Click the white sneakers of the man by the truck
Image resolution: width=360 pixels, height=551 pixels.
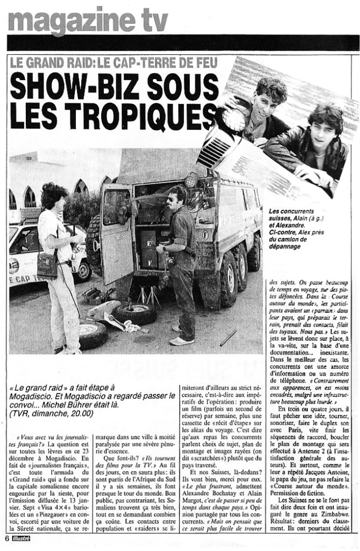pos(181,340)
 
